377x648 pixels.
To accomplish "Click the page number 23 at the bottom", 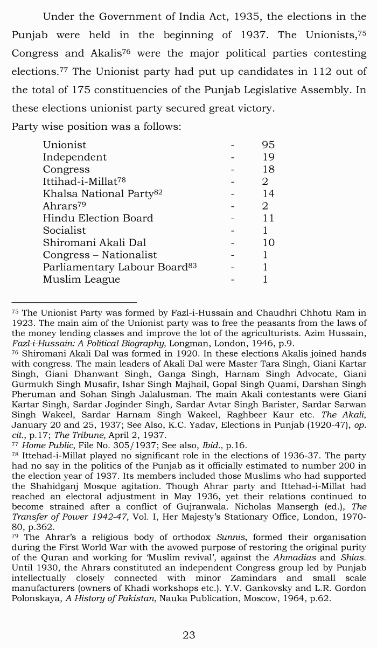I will pyautogui.click(x=188, y=635).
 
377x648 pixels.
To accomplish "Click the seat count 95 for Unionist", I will pyautogui.click(x=268, y=145).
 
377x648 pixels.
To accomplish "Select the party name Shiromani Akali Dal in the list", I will pyautogui.click(x=94, y=243).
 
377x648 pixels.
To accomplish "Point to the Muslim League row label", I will pyautogui.click(x=81, y=280).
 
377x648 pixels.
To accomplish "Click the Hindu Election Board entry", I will pyautogui.click(x=98, y=218).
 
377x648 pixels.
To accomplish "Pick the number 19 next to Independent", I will pyautogui.click(x=268, y=157).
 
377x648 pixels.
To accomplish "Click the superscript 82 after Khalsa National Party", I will pyautogui.click(x=158, y=192).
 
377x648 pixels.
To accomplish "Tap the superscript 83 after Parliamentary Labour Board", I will pyautogui.click(x=192, y=265).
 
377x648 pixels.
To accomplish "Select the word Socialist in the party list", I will pyautogui.click(x=65, y=231).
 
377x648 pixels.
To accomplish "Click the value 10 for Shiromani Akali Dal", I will pyautogui.click(x=268, y=243).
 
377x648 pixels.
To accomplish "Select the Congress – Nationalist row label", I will pyautogui.click(x=100, y=255).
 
